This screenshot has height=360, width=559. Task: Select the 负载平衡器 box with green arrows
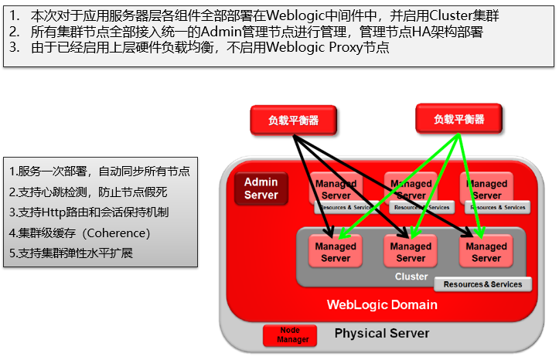click(458, 119)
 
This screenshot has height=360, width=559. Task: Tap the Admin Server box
click(261, 188)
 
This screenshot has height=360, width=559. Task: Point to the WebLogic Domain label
click(381, 304)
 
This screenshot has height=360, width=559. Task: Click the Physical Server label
click(381, 334)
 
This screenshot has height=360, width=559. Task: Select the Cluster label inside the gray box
click(411, 277)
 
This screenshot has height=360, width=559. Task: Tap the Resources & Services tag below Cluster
click(482, 284)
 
